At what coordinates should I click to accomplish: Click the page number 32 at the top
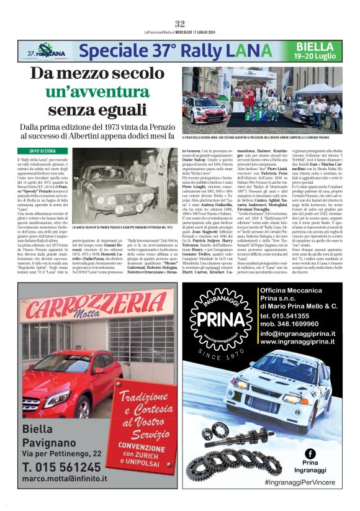180,24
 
